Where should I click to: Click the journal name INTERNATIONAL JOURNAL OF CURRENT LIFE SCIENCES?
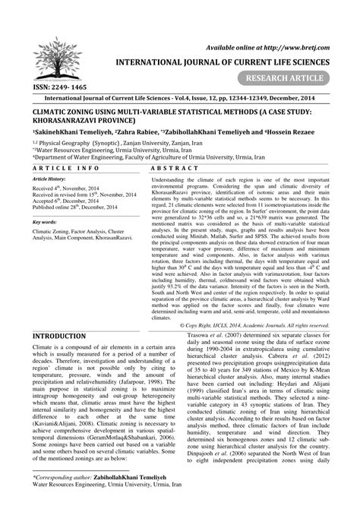(x=236, y=63)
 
